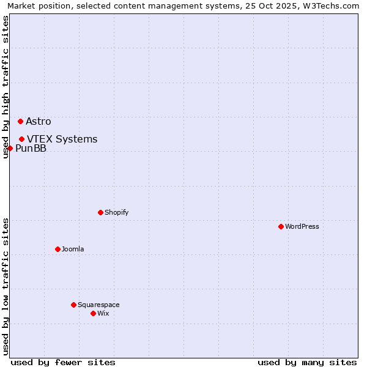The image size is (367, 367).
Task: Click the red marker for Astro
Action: pos(20,121)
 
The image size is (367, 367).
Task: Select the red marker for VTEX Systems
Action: pos(21,139)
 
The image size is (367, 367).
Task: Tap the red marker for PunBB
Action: pos(10,148)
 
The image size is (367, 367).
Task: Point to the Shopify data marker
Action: pos(100,212)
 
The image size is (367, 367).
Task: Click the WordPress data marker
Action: pos(281,226)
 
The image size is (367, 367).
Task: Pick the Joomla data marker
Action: pos(57,249)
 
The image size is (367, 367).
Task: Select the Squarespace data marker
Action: pos(73,305)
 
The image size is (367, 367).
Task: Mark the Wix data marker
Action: pos(93,313)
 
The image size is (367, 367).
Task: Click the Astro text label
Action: pos(39,121)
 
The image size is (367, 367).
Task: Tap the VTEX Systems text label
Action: pos(62,139)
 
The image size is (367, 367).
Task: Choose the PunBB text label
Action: pos(31,148)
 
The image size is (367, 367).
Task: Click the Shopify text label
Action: pos(116,212)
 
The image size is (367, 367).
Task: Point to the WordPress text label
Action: pos(302,226)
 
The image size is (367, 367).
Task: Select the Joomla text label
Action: pos(73,249)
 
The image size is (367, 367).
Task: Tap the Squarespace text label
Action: pos(98,305)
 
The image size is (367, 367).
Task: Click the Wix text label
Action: pos(103,313)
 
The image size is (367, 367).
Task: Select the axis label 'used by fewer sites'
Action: pos(63,362)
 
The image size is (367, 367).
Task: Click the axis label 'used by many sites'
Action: pos(307,362)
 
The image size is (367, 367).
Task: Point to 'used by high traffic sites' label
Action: pos(6,87)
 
